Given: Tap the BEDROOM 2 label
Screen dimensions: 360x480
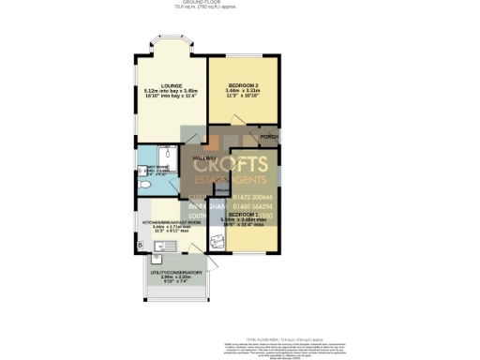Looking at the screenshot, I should (x=243, y=84).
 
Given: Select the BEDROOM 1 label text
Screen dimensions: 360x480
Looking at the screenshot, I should (x=247, y=215).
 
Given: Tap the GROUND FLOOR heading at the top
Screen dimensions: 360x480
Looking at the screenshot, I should (x=240, y=3).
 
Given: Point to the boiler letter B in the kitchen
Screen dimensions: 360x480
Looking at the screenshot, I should (x=140, y=246).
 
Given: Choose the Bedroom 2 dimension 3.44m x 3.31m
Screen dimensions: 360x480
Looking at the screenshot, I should (x=243, y=90).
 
